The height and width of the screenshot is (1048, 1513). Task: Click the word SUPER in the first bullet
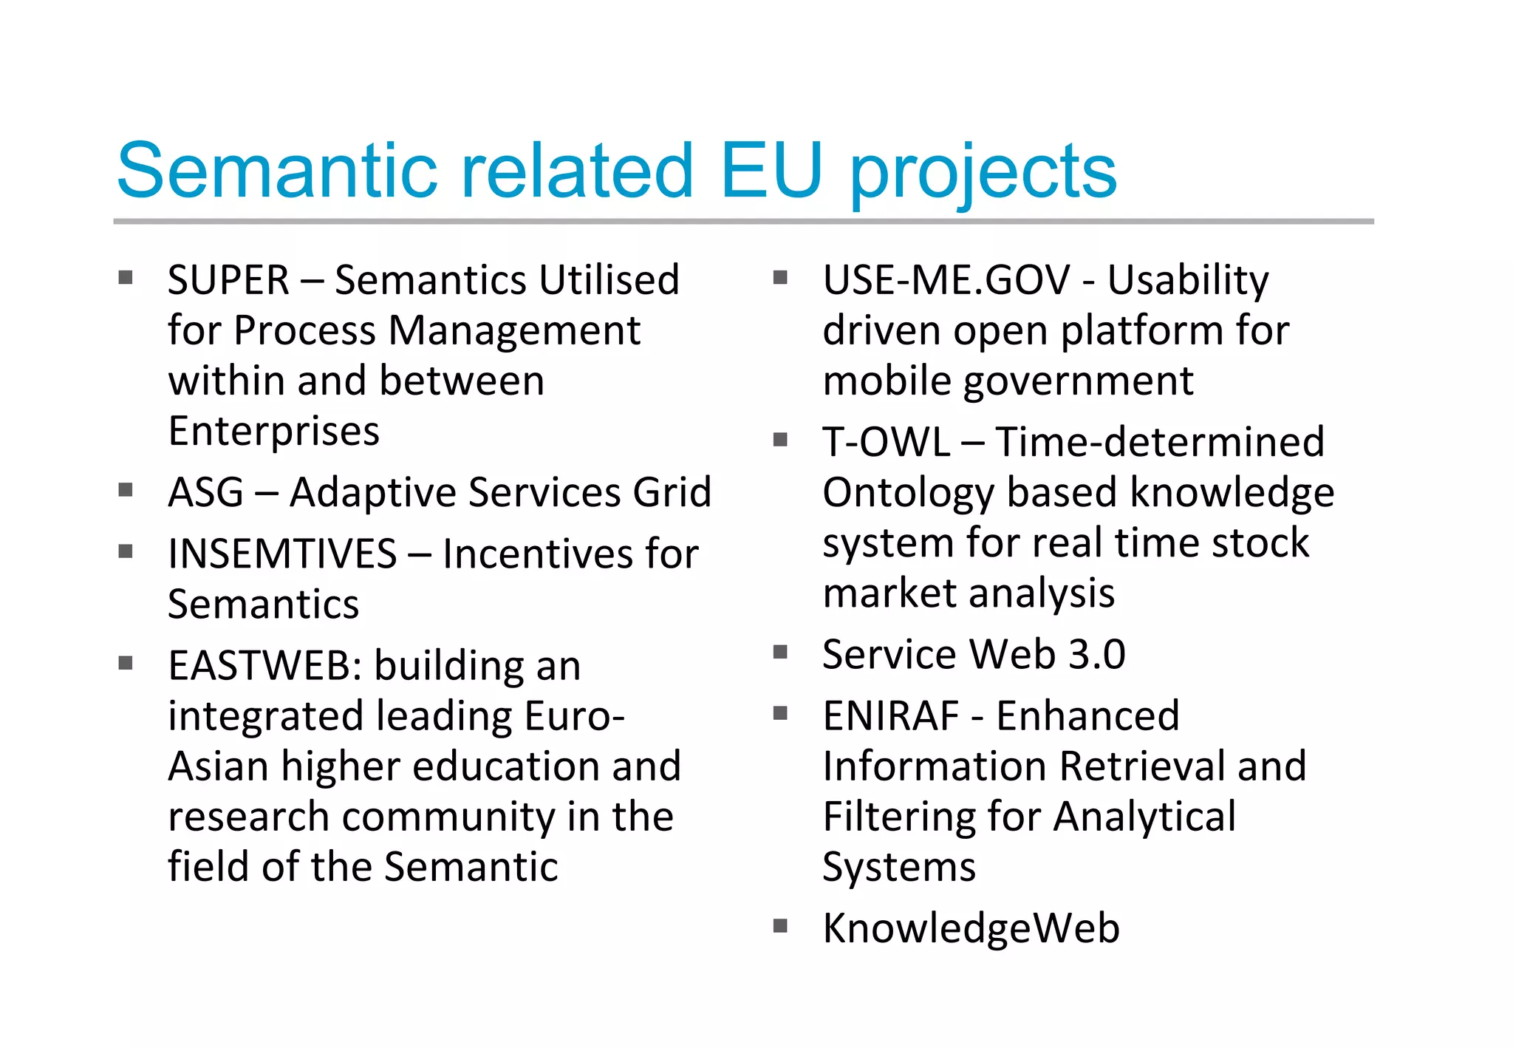(x=228, y=281)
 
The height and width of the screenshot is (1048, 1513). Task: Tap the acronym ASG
(x=205, y=493)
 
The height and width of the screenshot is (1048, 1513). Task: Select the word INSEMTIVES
(x=282, y=554)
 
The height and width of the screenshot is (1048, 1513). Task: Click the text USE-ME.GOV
(x=946, y=281)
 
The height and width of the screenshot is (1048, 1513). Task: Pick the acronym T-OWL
(x=886, y=443)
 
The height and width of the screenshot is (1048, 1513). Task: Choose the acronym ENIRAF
(x=890, y=716)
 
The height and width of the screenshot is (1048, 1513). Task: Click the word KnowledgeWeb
(x=971, y=928)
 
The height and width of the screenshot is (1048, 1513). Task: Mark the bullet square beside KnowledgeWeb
(x=780, y=925)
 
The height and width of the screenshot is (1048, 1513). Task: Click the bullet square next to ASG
(x=126, y=490)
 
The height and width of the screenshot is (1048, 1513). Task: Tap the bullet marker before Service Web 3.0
(x=780, y=652)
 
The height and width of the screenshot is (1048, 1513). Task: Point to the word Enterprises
(x=273, y=432)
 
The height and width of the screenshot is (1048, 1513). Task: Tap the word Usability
(x=1187, y=281)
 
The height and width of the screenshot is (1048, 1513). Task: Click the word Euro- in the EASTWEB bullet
(x=574, y=717)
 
